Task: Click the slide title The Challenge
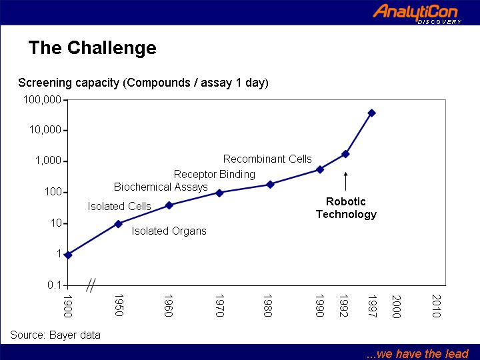coord(93,48)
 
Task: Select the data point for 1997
coord(371,113)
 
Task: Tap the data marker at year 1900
coord(68,255)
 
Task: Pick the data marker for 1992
coord(345,154)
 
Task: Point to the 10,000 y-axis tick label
coord(45,130)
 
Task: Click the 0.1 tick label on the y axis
coord(55,285)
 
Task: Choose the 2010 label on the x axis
coord(436,306)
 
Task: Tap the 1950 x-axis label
coord(119,305)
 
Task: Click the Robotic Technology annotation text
coord(346,208)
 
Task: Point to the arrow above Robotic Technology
coord(345,181)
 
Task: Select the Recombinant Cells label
coord(267,159)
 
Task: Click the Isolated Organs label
coord(169,231)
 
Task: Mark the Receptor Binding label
coord(215,175)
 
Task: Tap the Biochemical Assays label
coord(161,187)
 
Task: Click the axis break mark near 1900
coord(91,285)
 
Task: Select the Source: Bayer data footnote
coord(55,335)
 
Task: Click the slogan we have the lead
coord(417,354)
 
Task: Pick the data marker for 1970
coord(219,193)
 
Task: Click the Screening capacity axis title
coord(143,83)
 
